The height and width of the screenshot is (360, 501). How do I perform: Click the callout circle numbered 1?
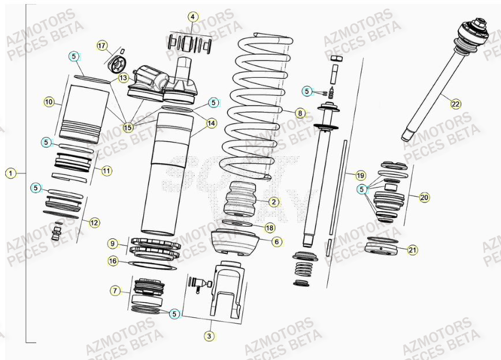tap(10, 173)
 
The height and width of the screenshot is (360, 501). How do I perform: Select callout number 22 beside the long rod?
tap(456, 104)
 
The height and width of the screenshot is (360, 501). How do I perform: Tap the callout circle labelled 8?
tap(300, 113)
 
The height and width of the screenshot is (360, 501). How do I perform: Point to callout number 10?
tap(49, 102)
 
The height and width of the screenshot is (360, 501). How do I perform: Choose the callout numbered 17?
tap(102, 46)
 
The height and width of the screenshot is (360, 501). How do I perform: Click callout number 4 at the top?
tap(193, 17)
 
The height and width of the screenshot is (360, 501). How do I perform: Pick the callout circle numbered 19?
tap(360, 175)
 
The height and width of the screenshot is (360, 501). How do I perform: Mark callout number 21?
tap(412, 250)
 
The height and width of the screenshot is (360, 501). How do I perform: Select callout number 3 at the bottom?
tap(210, 335)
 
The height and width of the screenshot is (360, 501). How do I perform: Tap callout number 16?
tap(114, 261)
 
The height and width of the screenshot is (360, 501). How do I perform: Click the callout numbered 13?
tap(124, 77)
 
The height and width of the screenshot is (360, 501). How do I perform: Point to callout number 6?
tap(277, 242)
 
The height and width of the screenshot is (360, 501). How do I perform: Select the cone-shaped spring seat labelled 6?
tap(235, 243)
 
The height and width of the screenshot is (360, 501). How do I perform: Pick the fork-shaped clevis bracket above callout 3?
tap(225, 288)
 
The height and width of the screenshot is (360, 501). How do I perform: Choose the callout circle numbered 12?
tap(94, 222)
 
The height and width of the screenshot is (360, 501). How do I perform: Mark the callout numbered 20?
tap(424, 197)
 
